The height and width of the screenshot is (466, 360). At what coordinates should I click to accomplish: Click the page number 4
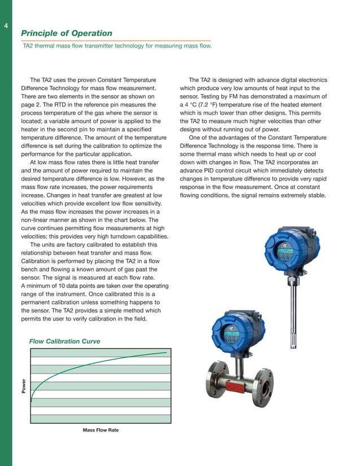(5, 26)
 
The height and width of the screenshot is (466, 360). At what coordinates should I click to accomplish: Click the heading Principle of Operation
(67, 34)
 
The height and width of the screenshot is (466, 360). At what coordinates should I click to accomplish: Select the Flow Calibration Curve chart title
(65, 341)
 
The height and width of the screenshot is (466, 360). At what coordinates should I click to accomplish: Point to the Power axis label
(24, 386)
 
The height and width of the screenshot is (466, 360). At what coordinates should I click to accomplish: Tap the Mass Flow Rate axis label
(101, 430)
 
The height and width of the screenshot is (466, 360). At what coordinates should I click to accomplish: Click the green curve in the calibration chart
(85, 366)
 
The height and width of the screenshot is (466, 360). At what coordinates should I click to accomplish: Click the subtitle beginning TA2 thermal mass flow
(117, 46)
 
